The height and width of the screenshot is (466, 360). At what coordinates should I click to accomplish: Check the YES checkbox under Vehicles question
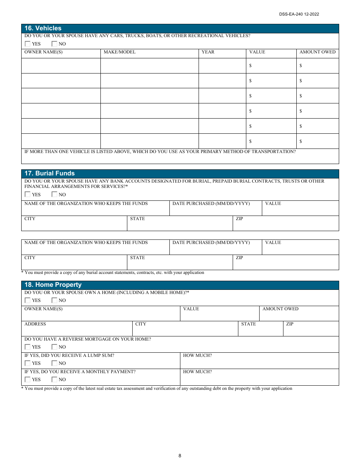click(x=28, y=44)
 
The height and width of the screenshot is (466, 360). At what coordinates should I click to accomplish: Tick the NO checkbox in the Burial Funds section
click(x=55, y=194)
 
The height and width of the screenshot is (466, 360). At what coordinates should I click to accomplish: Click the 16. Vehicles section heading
click(x=43, y=28)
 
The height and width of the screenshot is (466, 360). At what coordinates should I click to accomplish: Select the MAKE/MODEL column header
click(x=119, y=52)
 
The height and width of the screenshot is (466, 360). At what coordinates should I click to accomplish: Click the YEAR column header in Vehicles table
click(x=208, y=52)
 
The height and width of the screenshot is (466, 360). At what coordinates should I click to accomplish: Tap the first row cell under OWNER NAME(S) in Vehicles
click(x=61, y=66)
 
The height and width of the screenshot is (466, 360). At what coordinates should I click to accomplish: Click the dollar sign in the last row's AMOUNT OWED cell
click(x=301, y=141)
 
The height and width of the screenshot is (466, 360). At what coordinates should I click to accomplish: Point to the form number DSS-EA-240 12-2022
click(x=299, y=14)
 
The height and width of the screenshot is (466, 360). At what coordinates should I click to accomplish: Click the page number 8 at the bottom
click(x=180, y=456)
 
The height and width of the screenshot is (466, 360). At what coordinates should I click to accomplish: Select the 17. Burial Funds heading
click(x=49, y=174)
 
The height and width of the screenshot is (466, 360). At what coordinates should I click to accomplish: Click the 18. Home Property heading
click(x=53, y=285)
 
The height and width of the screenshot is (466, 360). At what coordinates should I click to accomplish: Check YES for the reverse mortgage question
click(x=28, y=347)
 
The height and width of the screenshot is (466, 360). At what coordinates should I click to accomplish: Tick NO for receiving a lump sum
click(x=55, y=363)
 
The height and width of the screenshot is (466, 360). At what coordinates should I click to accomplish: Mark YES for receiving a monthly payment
click(x=28, y=379)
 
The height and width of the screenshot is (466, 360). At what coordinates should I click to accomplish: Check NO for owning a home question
click(x=55, y=300)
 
